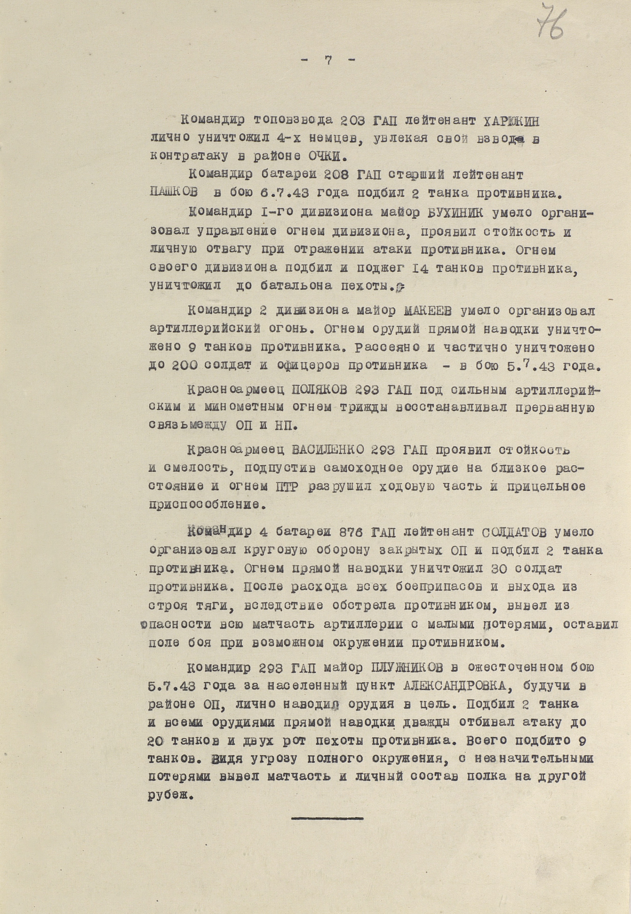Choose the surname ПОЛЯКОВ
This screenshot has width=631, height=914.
coord(319,390)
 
